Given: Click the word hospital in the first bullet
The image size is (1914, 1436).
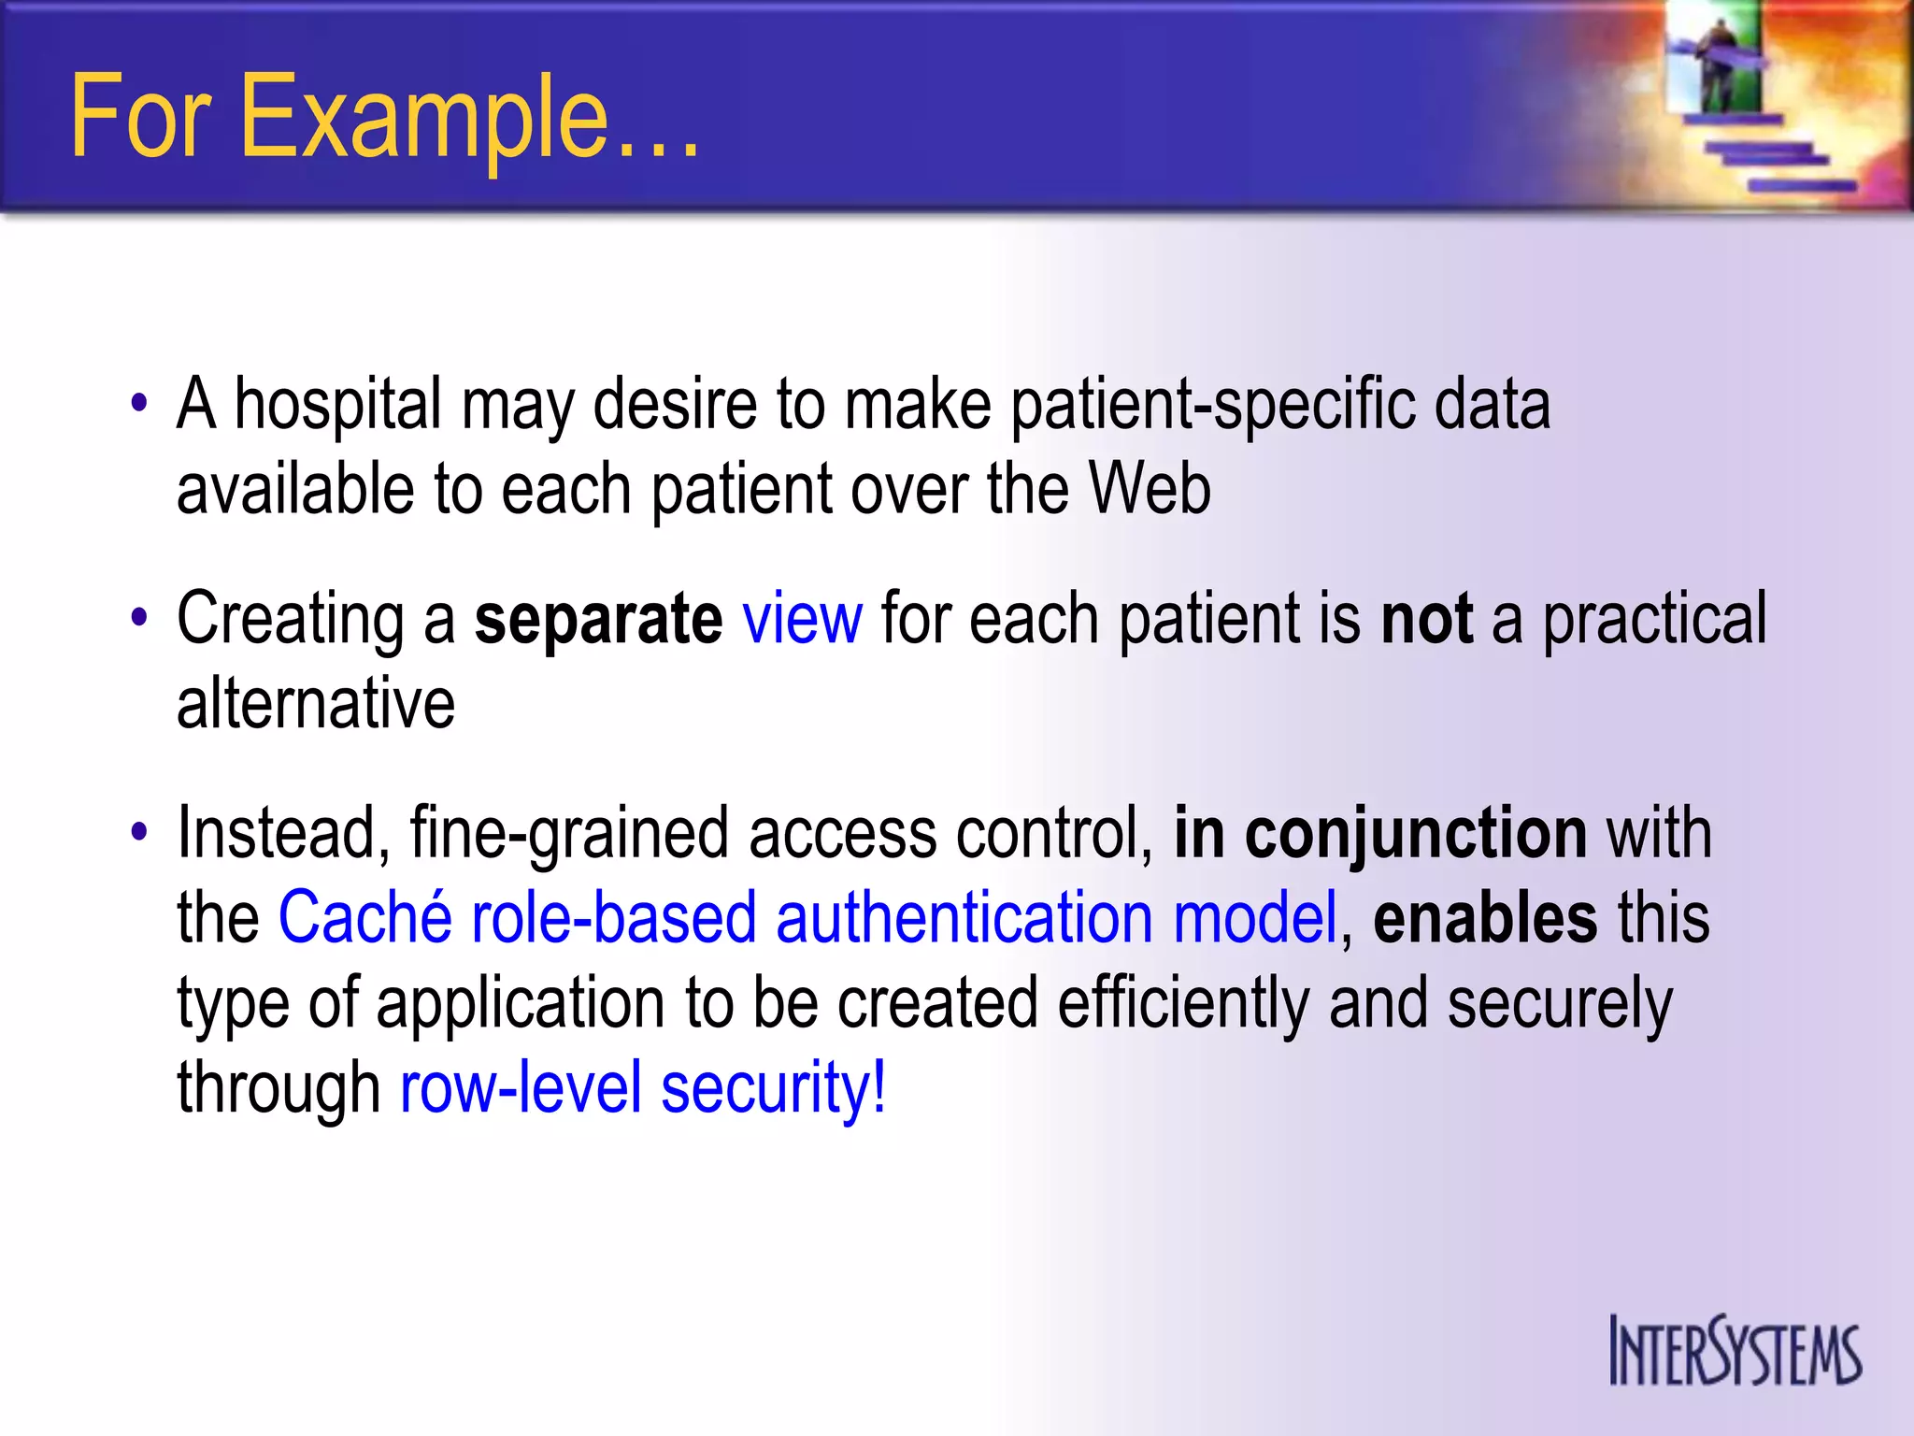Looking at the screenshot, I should click(x=337, y=404).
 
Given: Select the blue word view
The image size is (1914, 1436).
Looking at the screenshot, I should click(x=802, y=619).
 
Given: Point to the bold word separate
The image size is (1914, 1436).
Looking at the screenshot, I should click(x=598, y=619).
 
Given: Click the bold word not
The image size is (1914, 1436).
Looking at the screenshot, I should click(x=1426, y=619).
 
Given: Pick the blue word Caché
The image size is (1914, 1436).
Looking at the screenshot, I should click(x=364, y=917).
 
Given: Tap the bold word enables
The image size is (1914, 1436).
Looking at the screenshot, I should click(x=1485, y=917).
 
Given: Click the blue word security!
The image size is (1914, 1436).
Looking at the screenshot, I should click(x=773, y=1087).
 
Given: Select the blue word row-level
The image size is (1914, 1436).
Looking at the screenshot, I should click(x=521, y=1087).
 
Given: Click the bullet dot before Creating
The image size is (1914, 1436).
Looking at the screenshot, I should click(x=139, y=617).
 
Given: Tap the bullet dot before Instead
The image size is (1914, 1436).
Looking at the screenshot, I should click(x=139, y=831).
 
